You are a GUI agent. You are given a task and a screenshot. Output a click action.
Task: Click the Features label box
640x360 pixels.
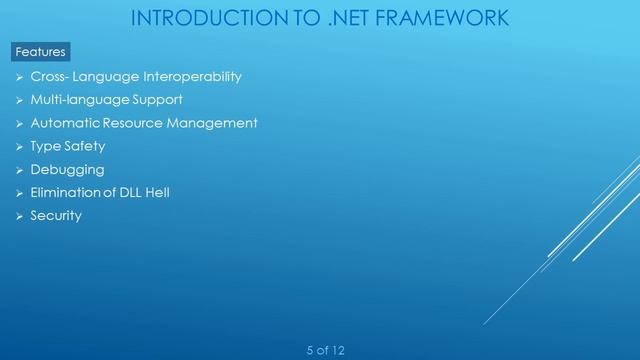(40, 51)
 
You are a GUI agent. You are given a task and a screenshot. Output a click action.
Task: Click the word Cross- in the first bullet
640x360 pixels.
(52, 77)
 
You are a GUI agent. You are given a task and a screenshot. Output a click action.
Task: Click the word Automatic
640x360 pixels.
(63, 123)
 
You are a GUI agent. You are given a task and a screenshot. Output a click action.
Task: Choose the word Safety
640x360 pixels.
(85, 146)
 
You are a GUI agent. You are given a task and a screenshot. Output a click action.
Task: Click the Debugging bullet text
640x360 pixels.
(67, 169)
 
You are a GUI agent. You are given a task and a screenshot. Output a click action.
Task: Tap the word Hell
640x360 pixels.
(156, 192)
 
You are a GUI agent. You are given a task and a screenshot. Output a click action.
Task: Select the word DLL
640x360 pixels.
(129, 192)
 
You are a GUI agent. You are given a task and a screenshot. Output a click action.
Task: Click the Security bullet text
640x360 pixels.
(56, 215)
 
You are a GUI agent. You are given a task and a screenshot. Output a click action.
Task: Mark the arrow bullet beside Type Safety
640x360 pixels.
(19, 147)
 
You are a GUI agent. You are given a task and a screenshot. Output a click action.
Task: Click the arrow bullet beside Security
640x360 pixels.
(19, 216)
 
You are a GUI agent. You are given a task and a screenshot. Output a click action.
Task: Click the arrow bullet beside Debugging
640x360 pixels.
(19, 170)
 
